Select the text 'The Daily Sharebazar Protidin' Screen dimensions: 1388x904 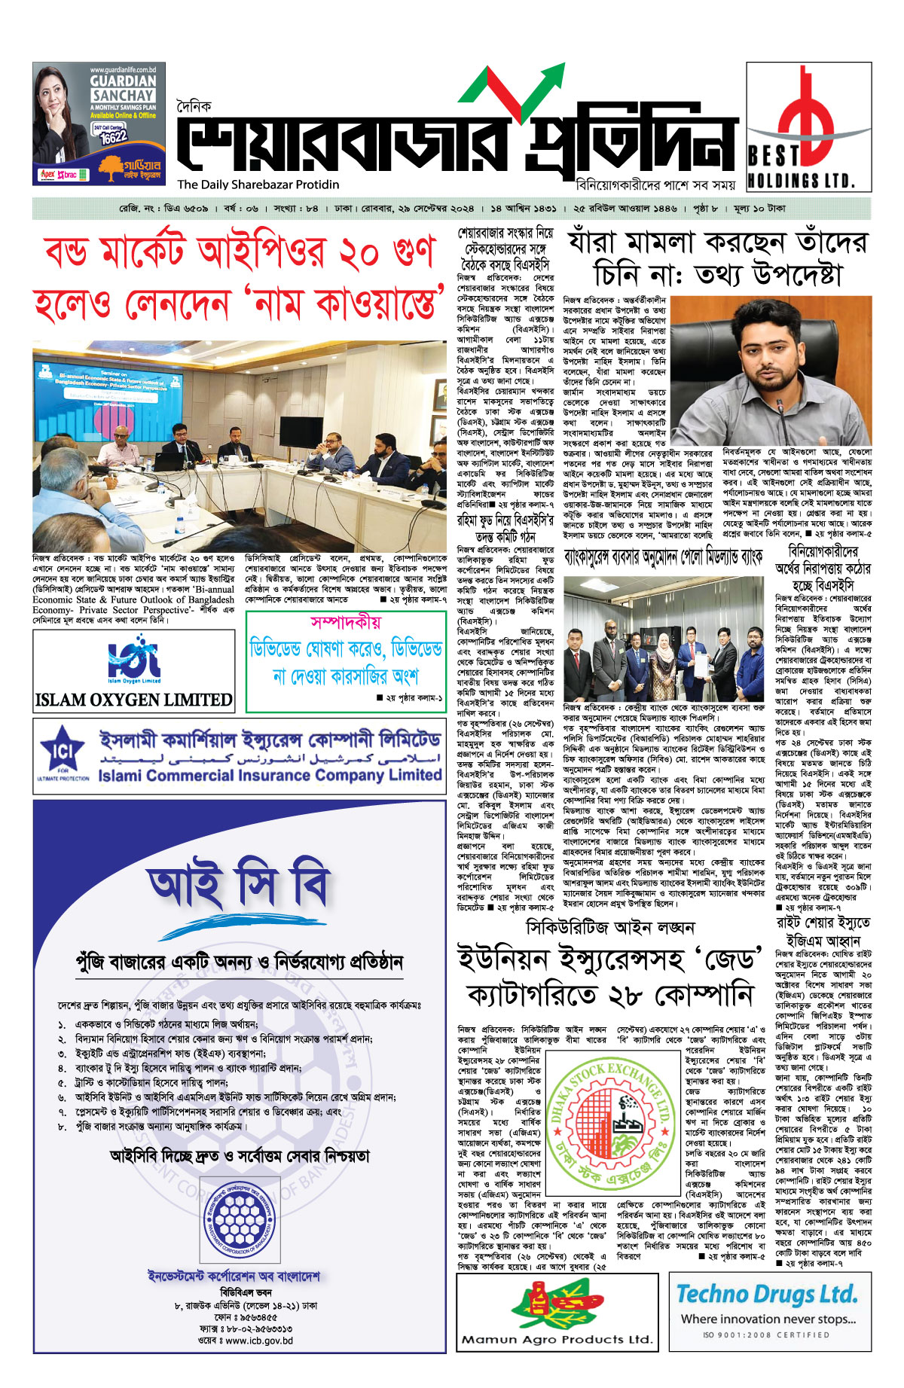(258, 185)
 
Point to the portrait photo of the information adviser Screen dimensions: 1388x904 (770, 371)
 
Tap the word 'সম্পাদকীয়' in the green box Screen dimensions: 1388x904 (345, 622)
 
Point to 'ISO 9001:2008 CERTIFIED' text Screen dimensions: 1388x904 (766, 1335)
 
